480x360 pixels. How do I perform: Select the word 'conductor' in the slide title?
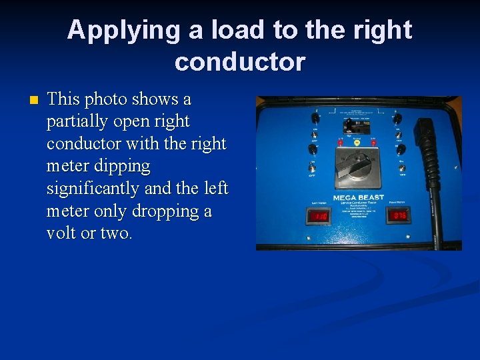click(240, 62)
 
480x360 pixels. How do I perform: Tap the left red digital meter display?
click(317, 215)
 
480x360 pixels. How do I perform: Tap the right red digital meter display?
click(400, 215)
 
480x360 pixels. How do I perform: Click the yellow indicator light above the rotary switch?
click(357, 143)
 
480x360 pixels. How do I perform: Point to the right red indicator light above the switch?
click(373, 142)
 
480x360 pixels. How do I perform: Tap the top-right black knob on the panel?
click(398, 119)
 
